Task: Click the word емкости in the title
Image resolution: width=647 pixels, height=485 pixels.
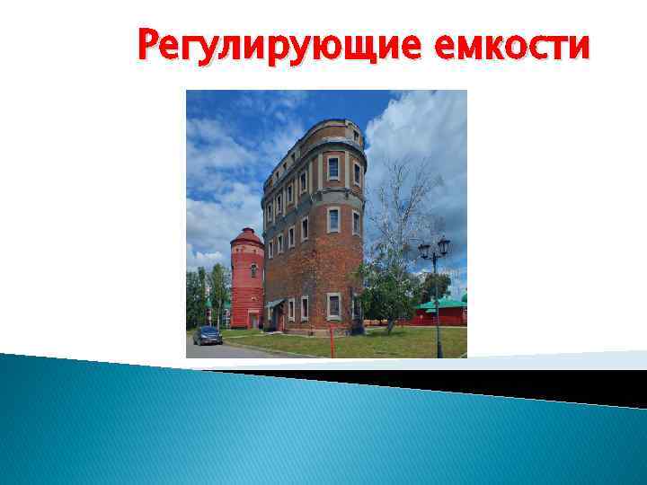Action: [511, 45]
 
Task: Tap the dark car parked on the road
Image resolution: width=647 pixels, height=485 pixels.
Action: [207, 335]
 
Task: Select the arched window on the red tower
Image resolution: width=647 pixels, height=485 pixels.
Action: [253, 269]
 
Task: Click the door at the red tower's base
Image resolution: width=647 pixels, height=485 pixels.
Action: [253, 318]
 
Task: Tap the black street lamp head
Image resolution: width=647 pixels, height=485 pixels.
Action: [434, 246]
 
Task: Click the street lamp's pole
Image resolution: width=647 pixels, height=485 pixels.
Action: [437, 305]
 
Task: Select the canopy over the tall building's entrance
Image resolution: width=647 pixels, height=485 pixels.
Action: [274, 304]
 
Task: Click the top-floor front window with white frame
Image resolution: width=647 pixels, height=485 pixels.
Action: [333, 167]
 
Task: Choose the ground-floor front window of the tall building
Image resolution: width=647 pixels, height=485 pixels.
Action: [333, 305]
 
